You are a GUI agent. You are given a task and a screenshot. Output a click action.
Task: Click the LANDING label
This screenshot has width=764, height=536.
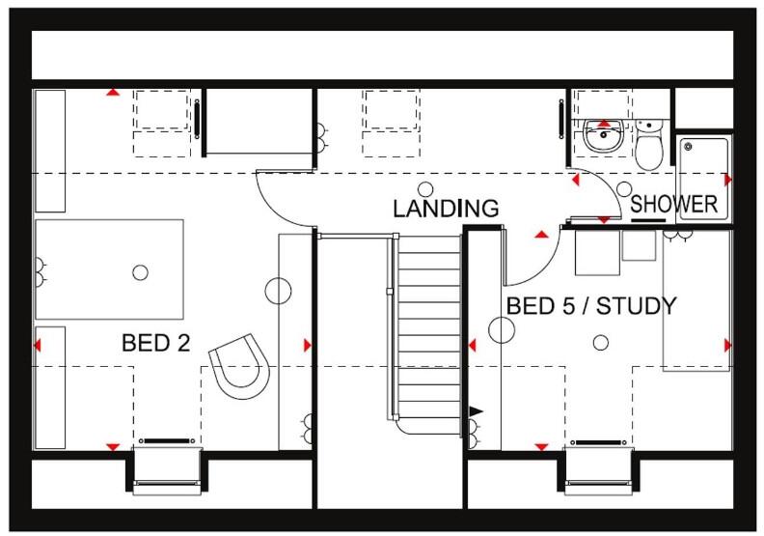(446, 208)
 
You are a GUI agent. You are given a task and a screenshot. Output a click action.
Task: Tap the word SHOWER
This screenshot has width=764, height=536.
(673, 205)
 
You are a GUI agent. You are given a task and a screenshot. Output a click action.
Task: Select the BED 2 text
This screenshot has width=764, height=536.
(155, 343)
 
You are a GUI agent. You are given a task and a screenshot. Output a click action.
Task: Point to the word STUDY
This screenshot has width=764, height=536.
(637, 306)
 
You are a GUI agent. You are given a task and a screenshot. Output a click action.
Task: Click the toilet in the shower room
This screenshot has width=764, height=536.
(649, 145)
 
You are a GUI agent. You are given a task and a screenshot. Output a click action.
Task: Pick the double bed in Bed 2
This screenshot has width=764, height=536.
(109, 269)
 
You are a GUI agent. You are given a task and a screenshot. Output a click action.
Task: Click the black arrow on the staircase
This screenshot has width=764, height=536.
(475, 412)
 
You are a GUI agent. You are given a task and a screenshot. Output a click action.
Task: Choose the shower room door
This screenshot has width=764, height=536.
(590, 198)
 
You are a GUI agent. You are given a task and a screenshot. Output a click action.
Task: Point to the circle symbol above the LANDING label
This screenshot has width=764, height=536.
(425, 187)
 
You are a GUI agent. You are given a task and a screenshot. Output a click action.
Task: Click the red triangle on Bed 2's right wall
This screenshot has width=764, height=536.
(308, 345)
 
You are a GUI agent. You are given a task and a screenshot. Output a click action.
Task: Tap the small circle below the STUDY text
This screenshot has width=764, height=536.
(600, 342)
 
